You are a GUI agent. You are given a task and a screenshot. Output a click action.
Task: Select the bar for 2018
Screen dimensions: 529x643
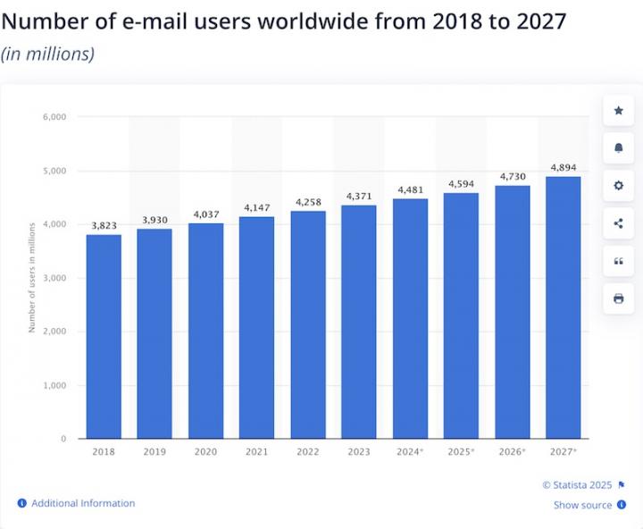[104, 336]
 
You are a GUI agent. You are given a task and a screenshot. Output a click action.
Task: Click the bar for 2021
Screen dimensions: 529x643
[256, 327]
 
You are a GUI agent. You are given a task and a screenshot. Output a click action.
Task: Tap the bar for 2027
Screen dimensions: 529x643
[563, 307]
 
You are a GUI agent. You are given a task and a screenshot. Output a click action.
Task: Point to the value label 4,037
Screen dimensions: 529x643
[205, 214]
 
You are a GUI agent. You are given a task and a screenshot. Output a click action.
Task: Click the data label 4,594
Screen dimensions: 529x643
[461, 184]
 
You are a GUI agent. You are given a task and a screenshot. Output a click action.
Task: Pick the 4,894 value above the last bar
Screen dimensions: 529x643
[563, 167]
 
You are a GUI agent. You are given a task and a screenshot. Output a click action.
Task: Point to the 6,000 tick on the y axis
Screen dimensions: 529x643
[54, 117]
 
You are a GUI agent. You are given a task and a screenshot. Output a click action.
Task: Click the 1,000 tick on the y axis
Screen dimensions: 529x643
[54, 385]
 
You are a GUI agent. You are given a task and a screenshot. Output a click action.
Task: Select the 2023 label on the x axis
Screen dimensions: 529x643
[358, 452]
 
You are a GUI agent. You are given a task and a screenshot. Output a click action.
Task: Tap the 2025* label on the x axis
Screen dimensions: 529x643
[461, 452]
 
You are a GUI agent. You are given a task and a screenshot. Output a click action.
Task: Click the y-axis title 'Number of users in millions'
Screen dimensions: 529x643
[32, 277]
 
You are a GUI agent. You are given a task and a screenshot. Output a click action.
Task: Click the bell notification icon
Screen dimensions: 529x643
[618, 148]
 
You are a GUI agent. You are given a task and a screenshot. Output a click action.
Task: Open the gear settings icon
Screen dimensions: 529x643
[618, 186]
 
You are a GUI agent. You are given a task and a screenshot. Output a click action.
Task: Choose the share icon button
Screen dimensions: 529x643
[618, 223]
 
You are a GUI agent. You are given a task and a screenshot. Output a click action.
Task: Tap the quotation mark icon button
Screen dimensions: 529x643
[618, 261]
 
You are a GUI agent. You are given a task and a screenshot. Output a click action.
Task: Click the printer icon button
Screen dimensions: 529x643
[618, 298]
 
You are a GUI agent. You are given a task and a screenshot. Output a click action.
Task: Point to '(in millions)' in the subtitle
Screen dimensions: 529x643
[47, 54]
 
